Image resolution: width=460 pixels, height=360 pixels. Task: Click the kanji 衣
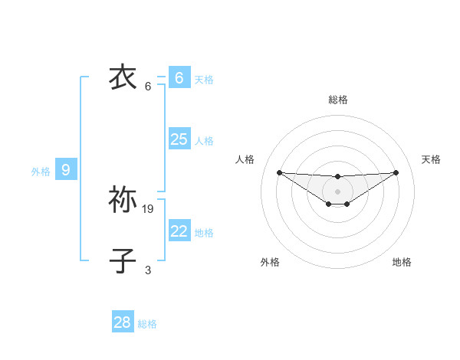tap(123, 77)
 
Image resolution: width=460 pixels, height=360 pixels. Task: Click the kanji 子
tap(123, 260)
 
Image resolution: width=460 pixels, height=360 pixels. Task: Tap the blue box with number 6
tap(179, 77)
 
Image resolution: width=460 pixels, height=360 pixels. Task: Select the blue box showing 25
tap(179, 139)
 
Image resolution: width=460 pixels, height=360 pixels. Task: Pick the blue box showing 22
tap(179, 231)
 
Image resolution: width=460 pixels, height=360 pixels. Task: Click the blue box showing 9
tap(66, 170)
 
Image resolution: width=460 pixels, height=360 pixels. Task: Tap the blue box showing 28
tap(123, 322)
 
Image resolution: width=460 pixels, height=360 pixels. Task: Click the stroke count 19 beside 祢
tap(148, 208)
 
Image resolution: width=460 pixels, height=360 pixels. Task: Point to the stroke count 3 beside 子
tap(148, 270)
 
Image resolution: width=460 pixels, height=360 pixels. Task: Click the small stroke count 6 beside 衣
tap(148, 86)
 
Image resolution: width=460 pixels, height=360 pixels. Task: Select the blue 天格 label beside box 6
tap(204, 80)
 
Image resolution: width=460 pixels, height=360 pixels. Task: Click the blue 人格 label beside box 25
tap(204, 141)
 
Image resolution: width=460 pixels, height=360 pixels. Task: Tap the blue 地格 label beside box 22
tap(204, 233)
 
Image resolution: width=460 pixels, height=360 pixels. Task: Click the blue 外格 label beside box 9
tap(41, 172)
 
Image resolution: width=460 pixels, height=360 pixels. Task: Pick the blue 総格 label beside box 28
tap(147, 325)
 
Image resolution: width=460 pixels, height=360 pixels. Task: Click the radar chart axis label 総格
tap(337, 100)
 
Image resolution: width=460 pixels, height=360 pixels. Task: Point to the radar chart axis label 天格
tap(431, 159)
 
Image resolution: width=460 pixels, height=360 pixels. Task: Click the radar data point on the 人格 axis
tap(279, 172)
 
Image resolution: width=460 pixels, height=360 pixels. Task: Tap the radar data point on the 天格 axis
tap(396, 172)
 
